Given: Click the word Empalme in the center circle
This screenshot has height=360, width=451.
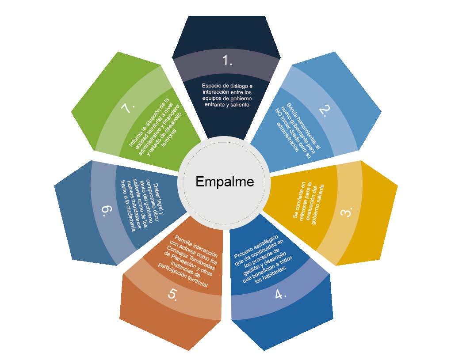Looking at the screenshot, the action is [225, 182].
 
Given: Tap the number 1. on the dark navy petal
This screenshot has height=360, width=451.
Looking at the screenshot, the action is [227, 61].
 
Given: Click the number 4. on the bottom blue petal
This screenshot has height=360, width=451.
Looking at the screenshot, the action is [280, 293].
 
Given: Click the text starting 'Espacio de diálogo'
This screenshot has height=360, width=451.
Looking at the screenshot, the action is [226, 95].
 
